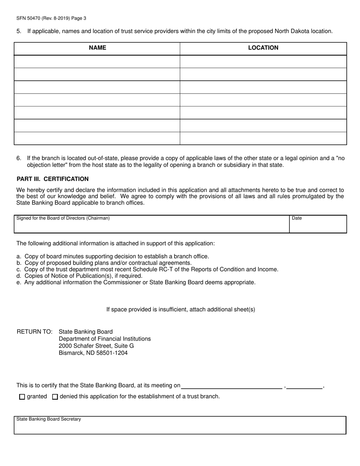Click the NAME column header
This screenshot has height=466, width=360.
coord(97,48)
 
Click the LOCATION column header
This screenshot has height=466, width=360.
coord(263,48)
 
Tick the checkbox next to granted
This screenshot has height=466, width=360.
coord(22,397)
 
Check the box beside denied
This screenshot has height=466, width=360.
coord(55,397)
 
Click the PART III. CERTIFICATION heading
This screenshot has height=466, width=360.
coord(53,179)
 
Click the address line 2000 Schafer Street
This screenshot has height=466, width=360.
coord(96,346)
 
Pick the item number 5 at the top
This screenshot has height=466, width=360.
coord(19,31)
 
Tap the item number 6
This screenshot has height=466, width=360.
coord(19,158)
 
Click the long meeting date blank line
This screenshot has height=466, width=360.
coord(232,386)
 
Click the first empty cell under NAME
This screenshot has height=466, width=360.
coord(97,62)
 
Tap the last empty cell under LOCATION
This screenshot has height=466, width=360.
coord(263,138)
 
